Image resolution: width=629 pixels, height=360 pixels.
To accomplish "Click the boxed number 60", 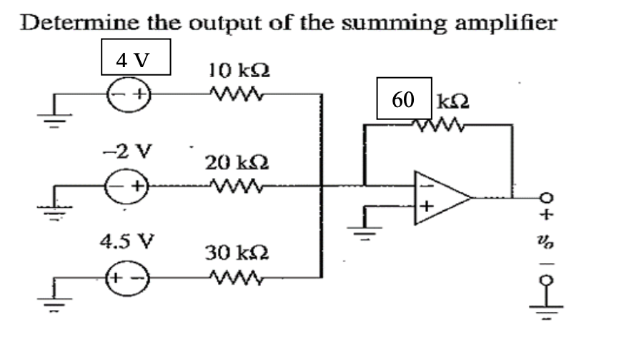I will click(x=403, y=99).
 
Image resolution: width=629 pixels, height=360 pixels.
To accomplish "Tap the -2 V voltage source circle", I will click(x=129, y=188).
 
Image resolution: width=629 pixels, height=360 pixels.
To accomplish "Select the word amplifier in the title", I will click(x=504, y=22).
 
